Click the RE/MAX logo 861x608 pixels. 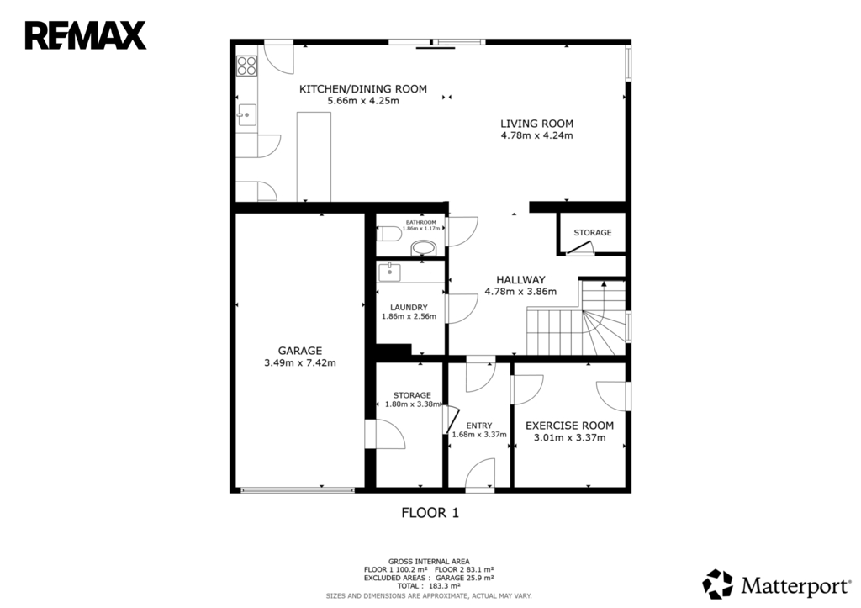pyautogui.click(x=85, y=35)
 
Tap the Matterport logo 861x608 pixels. pyautogui.click(x=776, y=584)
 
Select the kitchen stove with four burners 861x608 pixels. pyautogui.click(x=246, y=66)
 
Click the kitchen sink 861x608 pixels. pyautogui.click(x=246, y=115)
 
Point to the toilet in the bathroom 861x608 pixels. pyautogui.click(x=388, y=234)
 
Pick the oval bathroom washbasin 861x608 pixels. pyautogui.click(x=423, y=248)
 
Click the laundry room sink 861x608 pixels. pyautogui.click(x=388, y=272)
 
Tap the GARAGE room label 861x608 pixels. pyautogui.click(x=300, y=351)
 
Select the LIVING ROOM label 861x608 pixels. pyautogui.click(x=536, y=124)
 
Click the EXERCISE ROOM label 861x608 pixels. pyautogui.click(x=569, y=426)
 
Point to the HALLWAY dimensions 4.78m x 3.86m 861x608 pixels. pyautogui.click(x=520, y=292)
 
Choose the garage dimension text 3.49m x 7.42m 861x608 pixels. pyautogui.click(x=300, y=362)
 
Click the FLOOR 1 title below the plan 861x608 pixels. pyautogui.click(x=430, y=513)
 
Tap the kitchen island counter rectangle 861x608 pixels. pyautogui.click(x=314, y=156)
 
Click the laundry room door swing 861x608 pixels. pyautogui.click(x=462, y=309)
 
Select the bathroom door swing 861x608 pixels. pyautogui.click(x=462, y=231)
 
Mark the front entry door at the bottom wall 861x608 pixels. pyautogui.click(x=480, y=474)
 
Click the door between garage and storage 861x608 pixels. pyautogui.click(x=385, y=435)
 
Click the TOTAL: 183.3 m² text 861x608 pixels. pyautogui.click(x=428, y=586)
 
